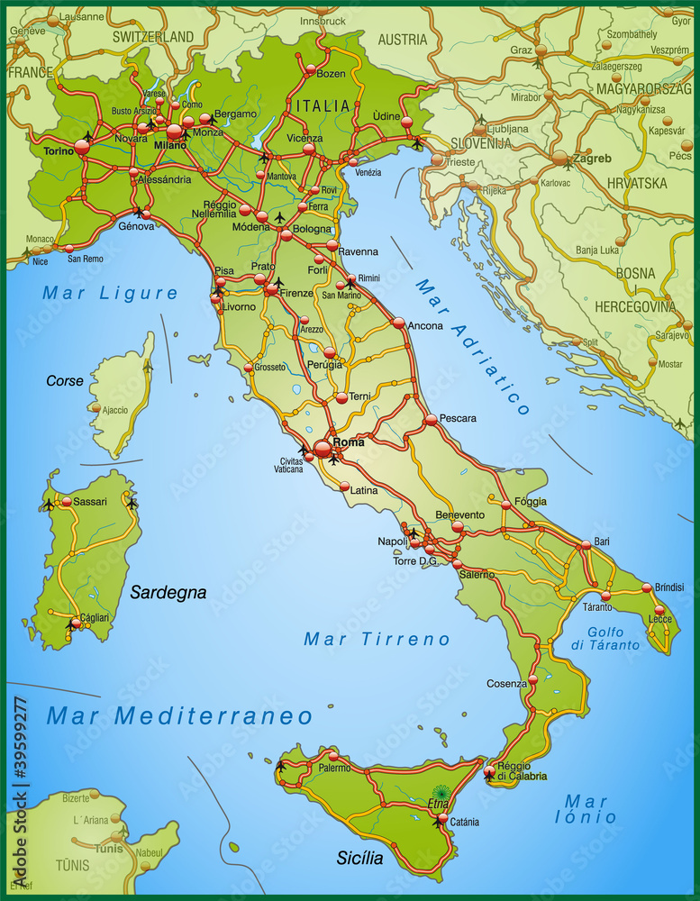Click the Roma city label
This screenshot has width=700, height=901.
[x=349, y=442]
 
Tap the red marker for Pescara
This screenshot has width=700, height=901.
[x=431, y=419]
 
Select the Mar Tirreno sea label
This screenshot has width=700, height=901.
[x=377, y=639]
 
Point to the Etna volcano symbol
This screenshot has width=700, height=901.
[x=442, y=792]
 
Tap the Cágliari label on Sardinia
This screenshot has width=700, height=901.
[x=95, y=617]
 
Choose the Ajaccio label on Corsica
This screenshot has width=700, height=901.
[x=115, y=410]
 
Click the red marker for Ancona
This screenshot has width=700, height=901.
[x=398, y=323]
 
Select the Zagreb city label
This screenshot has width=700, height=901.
[x=592, y=159]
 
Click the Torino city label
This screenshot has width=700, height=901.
[x=59, y=151]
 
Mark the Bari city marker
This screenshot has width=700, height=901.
[x=586, y=544]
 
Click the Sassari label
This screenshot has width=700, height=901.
[x=90, y=501]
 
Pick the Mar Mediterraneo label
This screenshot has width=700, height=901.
[x=179, y=716]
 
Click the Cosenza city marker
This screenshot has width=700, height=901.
[x=533, y=679]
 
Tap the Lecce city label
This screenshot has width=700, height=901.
[x=660, y=619]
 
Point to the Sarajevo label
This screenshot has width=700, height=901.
[x=672, y=334]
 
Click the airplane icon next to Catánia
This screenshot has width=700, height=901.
[x=438, y=821]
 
